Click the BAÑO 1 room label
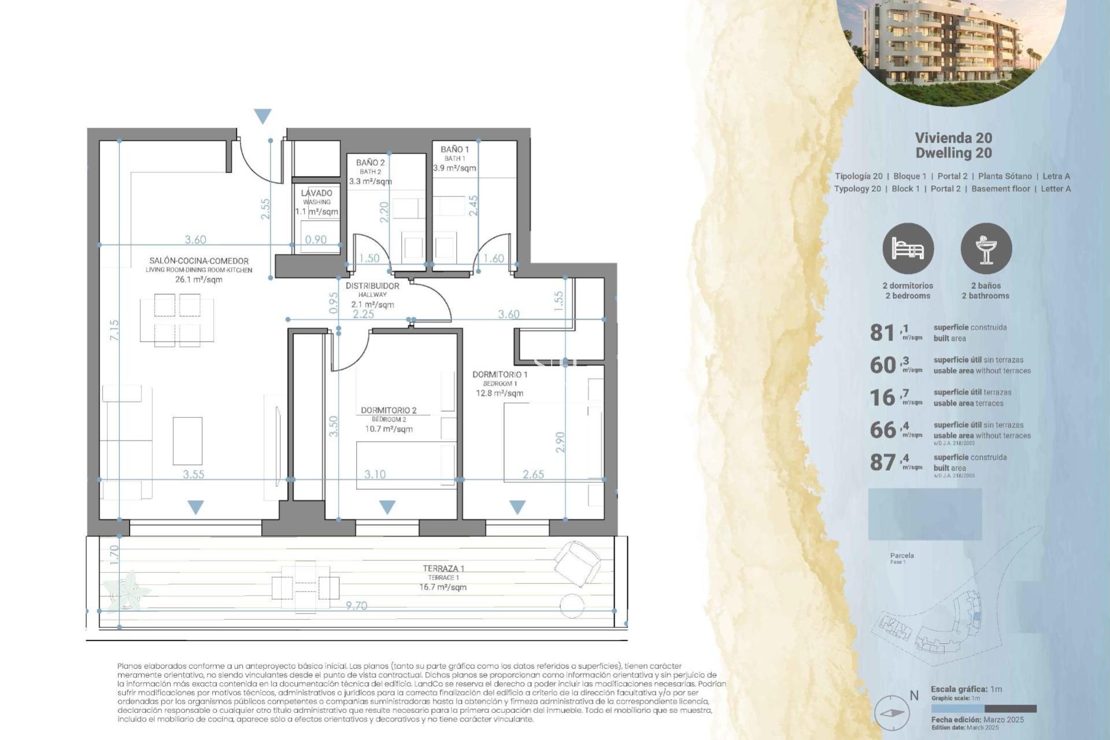[x=454, y=150]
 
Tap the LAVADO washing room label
[x=316, y=193]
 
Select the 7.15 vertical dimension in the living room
[x=114, y=330]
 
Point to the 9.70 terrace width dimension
[x=356, y=605]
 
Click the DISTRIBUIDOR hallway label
[x=372, y=286]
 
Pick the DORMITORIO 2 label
[x=388, y=410]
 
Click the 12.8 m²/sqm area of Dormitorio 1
[x=499, y=393]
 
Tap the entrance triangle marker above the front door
[x=262, y=116]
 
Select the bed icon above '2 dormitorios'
[x=908, y=249]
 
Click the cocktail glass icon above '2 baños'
[x=986, y=249]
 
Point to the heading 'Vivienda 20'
[x=953, y=138]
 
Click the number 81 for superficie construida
[x=882, y=333]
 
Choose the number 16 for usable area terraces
[x=882, y=398]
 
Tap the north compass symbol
[x=891, y=713]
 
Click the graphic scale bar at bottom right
[x=983, y=709]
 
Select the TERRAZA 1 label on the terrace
[x=443, y=569]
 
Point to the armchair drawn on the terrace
[x=576, y=563]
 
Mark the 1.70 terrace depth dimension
[x=114, y=555]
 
